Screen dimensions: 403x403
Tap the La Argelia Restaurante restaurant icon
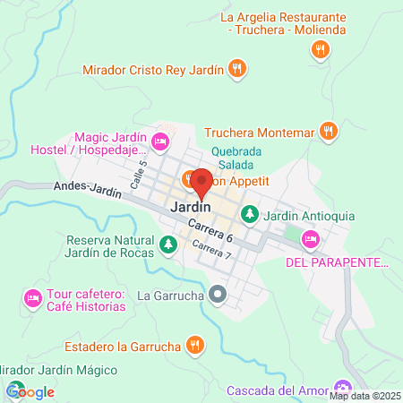(318, 49)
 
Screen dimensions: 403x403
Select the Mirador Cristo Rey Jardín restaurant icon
(236, 68)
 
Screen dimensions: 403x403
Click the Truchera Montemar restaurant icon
(329, 131)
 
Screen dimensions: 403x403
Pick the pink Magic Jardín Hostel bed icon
(160, 141)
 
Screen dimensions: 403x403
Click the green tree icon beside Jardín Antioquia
(251, 215)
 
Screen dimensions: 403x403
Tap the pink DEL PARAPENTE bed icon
(310, 238)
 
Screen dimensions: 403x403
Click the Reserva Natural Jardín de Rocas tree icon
(167, 244)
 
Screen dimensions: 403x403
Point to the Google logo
(30, 391)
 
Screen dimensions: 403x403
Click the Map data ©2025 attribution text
(365, 396)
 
